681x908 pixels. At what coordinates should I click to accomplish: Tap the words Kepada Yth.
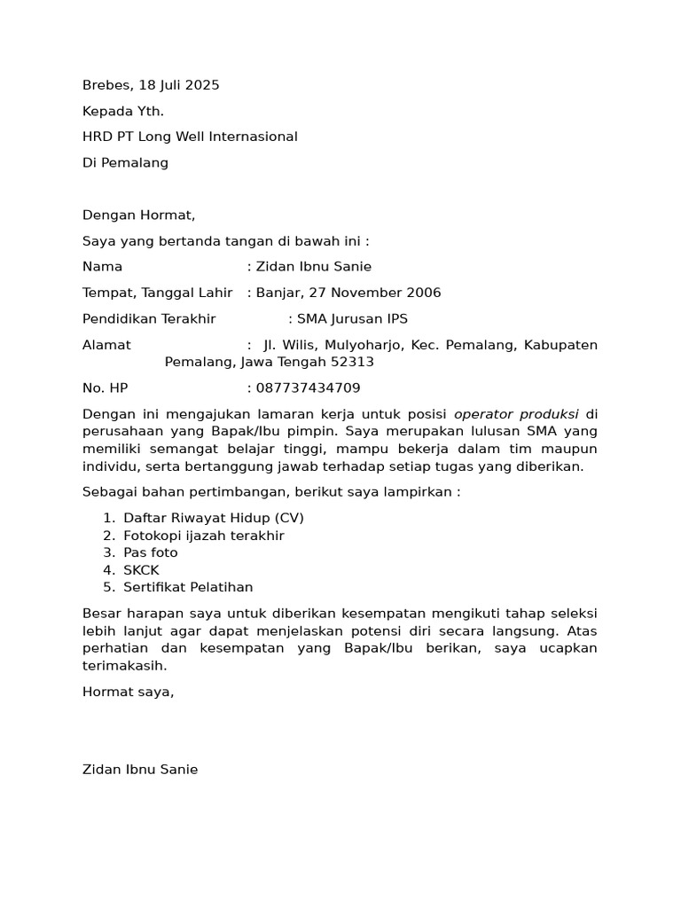point(123,111)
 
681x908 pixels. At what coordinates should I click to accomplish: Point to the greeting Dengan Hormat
point(138,215)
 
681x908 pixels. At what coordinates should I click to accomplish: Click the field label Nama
point(102,267)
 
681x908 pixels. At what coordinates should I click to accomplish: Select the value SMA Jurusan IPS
point(352,319)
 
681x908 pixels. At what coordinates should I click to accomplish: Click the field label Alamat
point(106,345)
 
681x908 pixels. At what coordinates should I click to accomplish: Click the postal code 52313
point(352,362)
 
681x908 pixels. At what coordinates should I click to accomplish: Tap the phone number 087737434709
point(308,388)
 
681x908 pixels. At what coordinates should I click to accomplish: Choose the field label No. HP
point(106,388)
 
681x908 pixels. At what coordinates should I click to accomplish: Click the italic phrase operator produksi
point(516,414)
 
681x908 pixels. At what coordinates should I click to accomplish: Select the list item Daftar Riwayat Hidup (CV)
point(214,518)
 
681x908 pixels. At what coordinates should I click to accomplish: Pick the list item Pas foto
point(151,552)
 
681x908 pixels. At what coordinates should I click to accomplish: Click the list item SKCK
point(141,570)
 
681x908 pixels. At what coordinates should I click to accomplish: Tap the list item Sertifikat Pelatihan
point(188,587)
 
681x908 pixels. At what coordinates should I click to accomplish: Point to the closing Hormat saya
point(128,692)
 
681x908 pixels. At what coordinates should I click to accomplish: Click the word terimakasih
point(124,665)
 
